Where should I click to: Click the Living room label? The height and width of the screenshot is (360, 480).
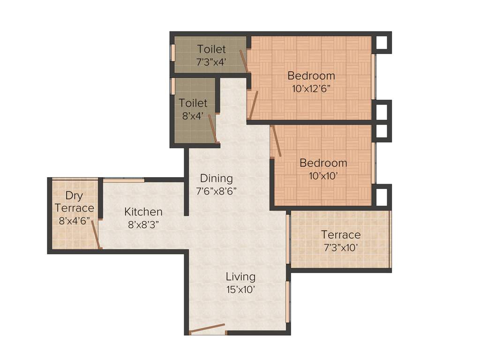click(x=240, y=277)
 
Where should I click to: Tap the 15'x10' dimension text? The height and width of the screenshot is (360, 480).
click(x=240, y=289)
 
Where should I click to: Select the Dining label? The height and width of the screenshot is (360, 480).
click(x=216, y=178)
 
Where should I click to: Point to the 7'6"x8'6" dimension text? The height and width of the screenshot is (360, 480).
click(x=216, y=191)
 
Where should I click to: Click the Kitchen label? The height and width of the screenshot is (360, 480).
click(x=143, y=212)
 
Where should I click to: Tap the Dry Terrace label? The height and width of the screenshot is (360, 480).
click(x=74, y=202)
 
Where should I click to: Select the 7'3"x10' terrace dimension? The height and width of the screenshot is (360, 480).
click(x=341, y=247)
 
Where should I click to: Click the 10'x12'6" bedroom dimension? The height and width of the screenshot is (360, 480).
click(x=311, y=89)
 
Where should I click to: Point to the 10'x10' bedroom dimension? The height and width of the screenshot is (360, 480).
click(x=323, y=176)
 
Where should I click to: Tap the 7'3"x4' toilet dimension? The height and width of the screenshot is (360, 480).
click(x=211, y=61)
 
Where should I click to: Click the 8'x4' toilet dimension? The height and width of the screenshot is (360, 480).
click(x=193, y=116)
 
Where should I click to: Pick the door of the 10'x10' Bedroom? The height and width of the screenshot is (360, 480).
click(x=276, y=141)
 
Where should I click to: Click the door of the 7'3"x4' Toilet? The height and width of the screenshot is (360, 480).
click(x=243, y=60)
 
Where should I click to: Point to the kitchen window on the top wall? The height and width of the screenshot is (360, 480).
click(x=124, y=180)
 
